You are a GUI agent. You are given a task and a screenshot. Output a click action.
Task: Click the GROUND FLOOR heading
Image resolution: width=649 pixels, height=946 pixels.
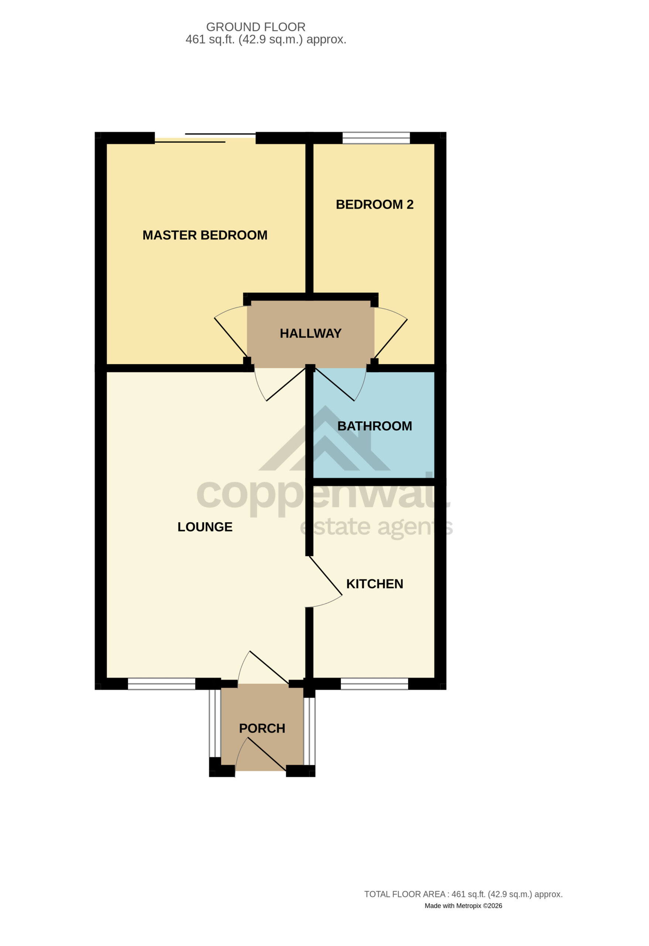pyautogui.click(x=256, y=27)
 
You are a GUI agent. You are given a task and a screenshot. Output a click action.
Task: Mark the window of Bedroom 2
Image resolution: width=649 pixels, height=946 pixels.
pyautogui.click(x=376, y=138)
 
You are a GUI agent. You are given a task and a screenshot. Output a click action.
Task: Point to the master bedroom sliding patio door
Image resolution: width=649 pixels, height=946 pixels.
pyautogui.click(x=205, y=138)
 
